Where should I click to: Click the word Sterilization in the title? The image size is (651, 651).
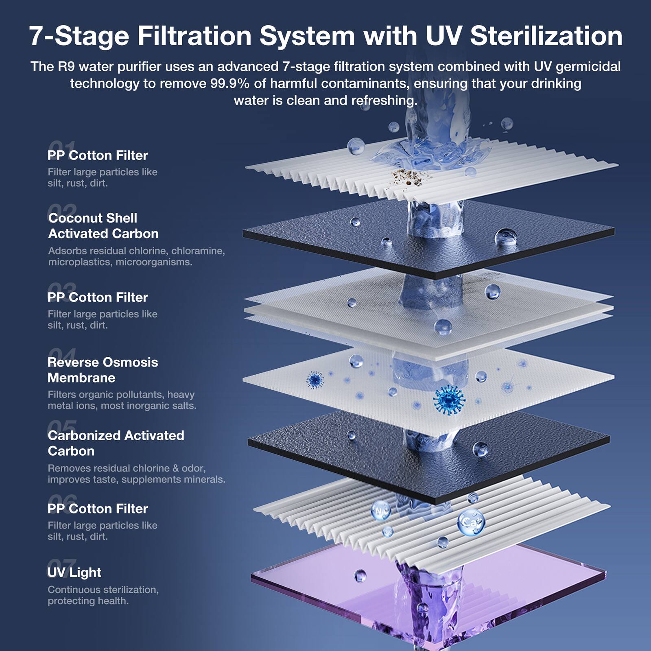click(x=546, y=36)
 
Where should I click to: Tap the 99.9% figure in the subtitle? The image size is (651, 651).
click(x=229, y=83)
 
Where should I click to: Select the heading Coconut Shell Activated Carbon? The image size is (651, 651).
click(x=103, y=226)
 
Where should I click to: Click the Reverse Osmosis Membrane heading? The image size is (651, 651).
click(x=102, y=370)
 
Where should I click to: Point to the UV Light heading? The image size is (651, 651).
click(x=74, y=572)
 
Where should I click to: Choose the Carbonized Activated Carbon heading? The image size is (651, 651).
click(x=116, y=443)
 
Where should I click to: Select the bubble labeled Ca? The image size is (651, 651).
click(x=471, y=522)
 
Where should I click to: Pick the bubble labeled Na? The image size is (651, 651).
click(x=380, y=511)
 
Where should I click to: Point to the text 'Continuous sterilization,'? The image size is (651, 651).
click(x=103, y=590)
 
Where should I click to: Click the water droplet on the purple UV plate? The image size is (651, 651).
click(x=360, y=575)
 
